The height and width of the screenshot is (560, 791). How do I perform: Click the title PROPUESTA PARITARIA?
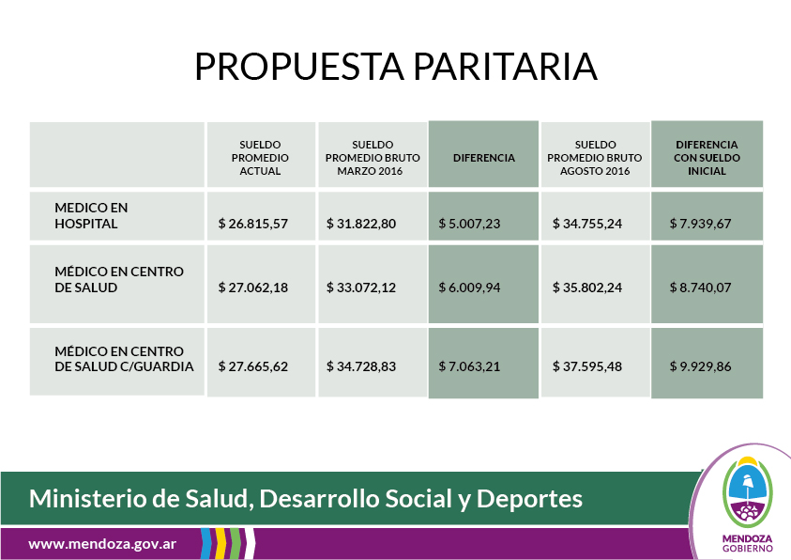(396, 67)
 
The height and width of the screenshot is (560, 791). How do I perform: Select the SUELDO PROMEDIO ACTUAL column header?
(260, 158)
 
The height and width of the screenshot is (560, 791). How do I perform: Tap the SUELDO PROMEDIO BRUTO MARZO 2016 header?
(373, 158)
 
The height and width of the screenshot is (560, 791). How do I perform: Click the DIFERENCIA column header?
(484, 158)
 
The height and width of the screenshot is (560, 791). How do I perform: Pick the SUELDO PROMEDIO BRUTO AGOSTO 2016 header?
(595, 158)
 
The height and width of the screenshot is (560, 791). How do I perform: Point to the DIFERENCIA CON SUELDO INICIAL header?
(707, 158)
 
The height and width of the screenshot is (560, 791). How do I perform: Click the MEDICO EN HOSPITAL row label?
(91, 215)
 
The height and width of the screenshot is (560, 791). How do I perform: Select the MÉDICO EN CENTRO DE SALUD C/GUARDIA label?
(124, 359)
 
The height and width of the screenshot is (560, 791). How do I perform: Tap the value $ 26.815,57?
(253, 224)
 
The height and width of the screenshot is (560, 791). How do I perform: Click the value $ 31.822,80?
(361, 224)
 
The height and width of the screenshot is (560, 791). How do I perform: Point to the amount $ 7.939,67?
(700, 224)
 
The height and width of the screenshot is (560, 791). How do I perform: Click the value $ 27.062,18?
(253, 288)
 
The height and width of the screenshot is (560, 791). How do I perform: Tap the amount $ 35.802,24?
(587, 288)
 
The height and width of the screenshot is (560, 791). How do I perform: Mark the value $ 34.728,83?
(361, 366)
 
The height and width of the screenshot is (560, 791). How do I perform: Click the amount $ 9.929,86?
(700, 366)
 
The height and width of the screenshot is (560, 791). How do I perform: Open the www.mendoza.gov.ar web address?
(102, 544)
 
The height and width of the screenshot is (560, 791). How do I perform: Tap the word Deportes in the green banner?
(529, 499)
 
